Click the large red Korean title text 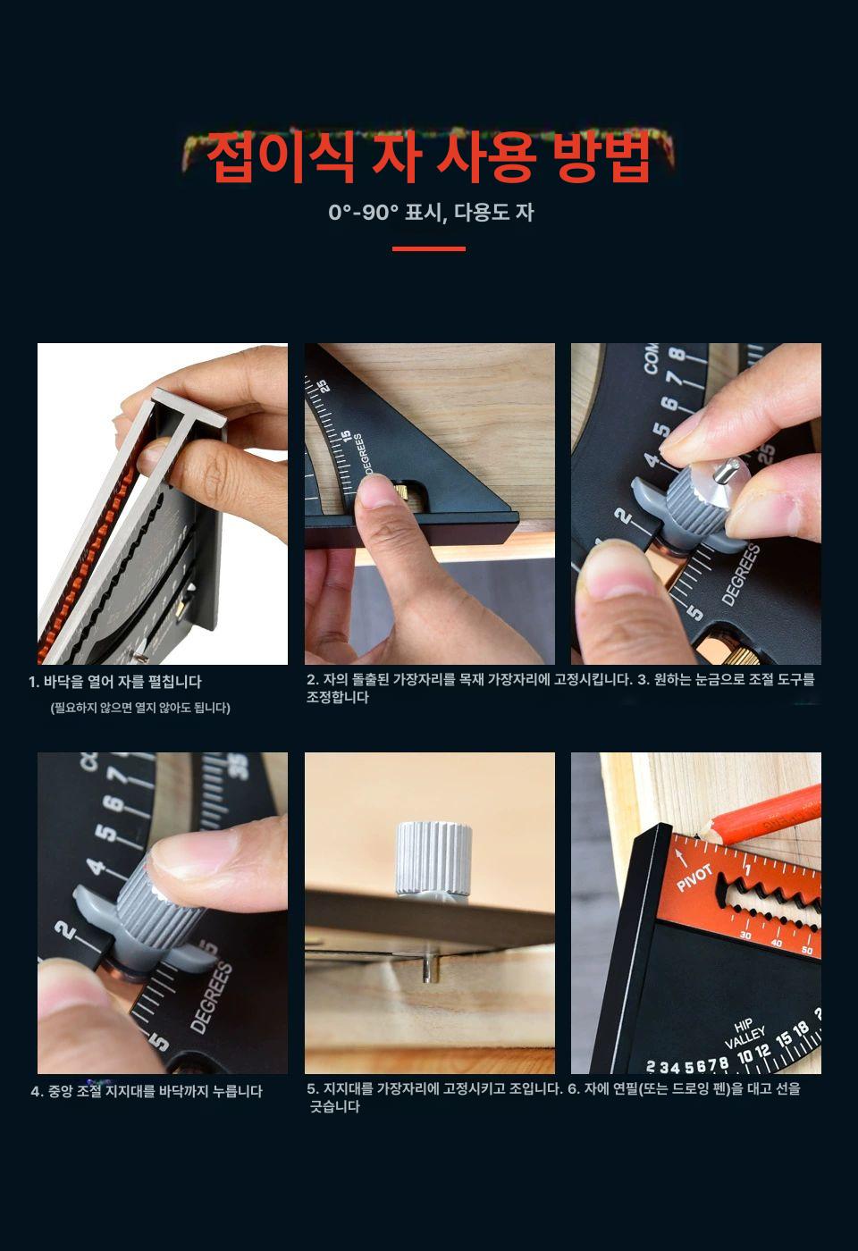click(428, 157)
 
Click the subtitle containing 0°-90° click(431, 213)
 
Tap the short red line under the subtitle click(428, 248)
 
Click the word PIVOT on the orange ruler click(694, 877)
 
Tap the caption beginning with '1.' click(115, 682)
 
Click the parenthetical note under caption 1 click(140, 708)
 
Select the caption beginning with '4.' click(147, 1091)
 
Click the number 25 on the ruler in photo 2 click(323, 386)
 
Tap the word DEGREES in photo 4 click(212, 995)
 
